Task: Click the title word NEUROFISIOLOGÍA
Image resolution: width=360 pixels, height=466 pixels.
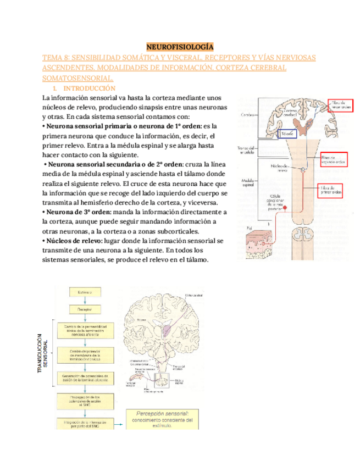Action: (x=180, y=47)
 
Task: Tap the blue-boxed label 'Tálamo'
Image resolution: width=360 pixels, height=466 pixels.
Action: (x=286, y=134)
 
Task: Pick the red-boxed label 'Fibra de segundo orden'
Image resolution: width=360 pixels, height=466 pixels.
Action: (x=334, y=160)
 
